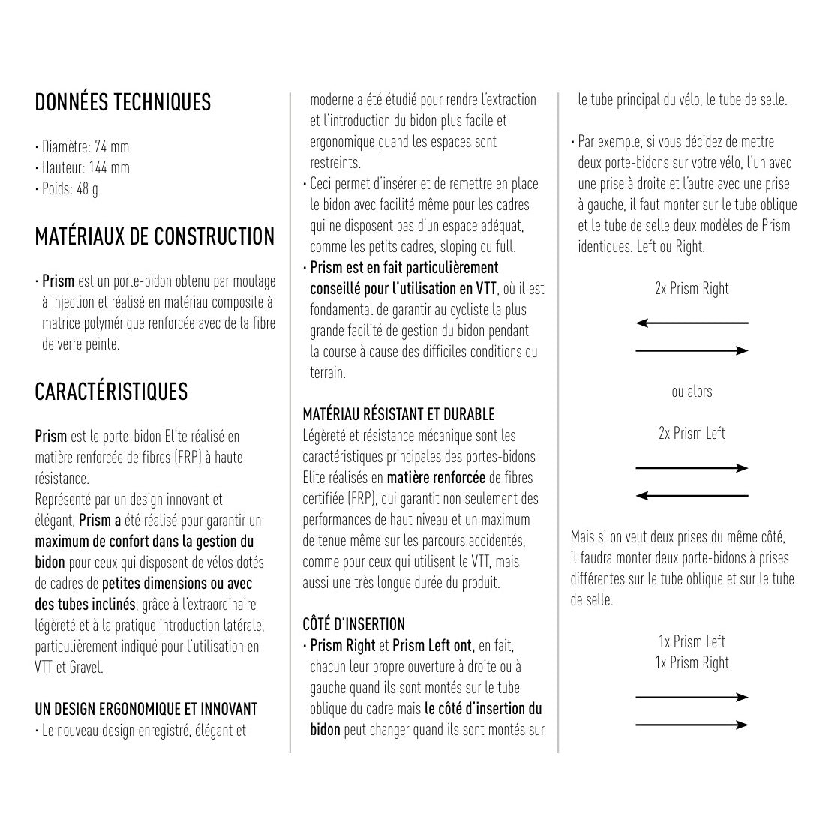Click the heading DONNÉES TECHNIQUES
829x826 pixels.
click(x=122, y=102)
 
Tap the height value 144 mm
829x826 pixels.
click(x=110, y=168)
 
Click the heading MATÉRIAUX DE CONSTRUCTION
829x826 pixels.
click(x=155, y=237)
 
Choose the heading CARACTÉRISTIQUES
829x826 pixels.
click(x=111, y=392)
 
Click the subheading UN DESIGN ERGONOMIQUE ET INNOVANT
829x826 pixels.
click(x=146, y=709)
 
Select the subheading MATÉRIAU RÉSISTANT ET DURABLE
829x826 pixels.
click(x=398, y=415)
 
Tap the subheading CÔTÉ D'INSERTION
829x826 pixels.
click(x=353, y=624)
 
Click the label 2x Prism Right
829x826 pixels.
click(x=692, y=289)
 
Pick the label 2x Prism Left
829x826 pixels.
click(x=692, y=434)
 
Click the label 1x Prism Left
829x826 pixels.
click(x=692, y=642)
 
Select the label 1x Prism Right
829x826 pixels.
click(x=692, y=663)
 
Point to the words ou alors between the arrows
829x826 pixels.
click(x=692, y=392)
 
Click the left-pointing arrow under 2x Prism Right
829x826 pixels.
click(x=692, y=323)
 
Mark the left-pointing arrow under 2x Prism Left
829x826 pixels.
click(x=692, y=496)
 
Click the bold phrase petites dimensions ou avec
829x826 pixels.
click(x=177, y=584)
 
